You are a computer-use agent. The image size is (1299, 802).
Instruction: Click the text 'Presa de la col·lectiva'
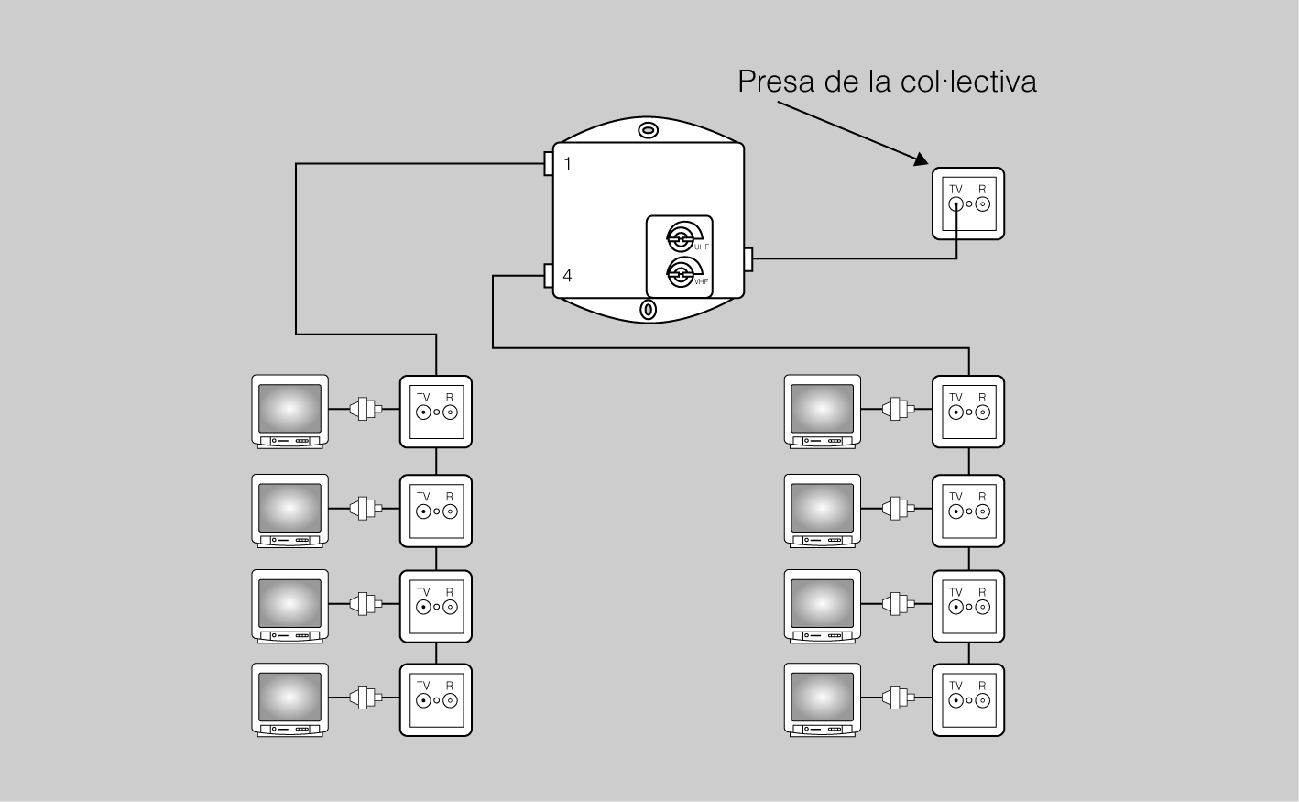click(887, 82)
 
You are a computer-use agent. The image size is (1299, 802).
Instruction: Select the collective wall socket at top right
click(968, 203)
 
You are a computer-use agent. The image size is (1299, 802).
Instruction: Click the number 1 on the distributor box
click(568, 164)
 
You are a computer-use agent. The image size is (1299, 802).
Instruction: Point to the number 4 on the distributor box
click(568, 275)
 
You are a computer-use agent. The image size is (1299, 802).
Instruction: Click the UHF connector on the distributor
click(681, 238)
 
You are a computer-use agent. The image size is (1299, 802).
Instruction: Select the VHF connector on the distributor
click(681, 272)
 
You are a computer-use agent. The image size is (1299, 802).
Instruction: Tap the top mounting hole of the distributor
click(649, 131)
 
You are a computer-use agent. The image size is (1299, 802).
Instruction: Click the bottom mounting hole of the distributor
click(648, 310)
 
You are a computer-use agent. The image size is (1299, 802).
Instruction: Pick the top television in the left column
click(290, 411)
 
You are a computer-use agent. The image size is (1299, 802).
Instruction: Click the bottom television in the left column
click(290, 699)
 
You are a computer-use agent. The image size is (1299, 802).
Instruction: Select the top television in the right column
click(823, 411)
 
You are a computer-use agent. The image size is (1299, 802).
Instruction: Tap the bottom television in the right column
click(823, 699)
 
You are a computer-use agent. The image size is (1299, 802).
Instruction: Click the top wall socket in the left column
click(436, 412)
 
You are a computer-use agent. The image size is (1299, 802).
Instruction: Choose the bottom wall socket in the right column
click(968, 700)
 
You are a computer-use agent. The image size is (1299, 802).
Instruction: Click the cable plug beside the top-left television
click(366, 409)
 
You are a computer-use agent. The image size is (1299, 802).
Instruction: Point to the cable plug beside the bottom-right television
click(897, 698)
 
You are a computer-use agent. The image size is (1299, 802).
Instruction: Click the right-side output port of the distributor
click(748, 259)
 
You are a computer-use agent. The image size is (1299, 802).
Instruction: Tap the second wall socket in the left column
click(436, 511)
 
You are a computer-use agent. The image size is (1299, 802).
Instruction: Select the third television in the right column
click(823, 605)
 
